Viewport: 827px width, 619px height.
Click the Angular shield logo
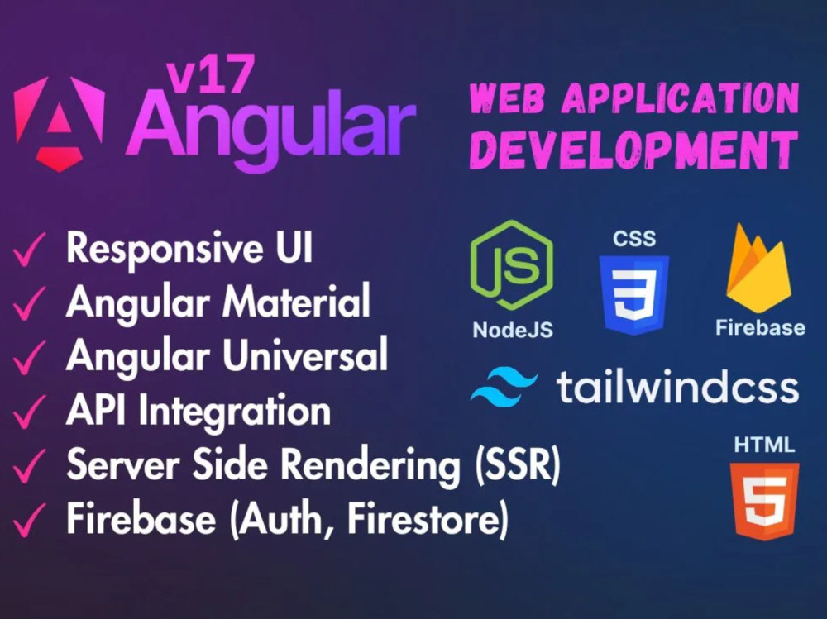[x=59, y=123]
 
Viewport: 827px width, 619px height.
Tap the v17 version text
[x=209, y=74]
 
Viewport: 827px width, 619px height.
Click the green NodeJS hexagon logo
[x=512, y=264]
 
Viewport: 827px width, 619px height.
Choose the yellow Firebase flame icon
[x=758, y=269]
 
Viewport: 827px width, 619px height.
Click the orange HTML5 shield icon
[x=764, y=502]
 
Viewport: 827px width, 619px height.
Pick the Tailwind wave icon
[x=504, y=388]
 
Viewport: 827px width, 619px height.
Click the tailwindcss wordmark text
[x=678, y=387]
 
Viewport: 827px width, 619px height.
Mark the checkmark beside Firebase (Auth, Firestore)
[x=29, y=520]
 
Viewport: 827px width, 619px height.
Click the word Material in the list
[x=296, y=301]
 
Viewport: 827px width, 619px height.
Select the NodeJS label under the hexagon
[x=513, y=330]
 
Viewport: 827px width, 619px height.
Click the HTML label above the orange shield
[x=764, y=445]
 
